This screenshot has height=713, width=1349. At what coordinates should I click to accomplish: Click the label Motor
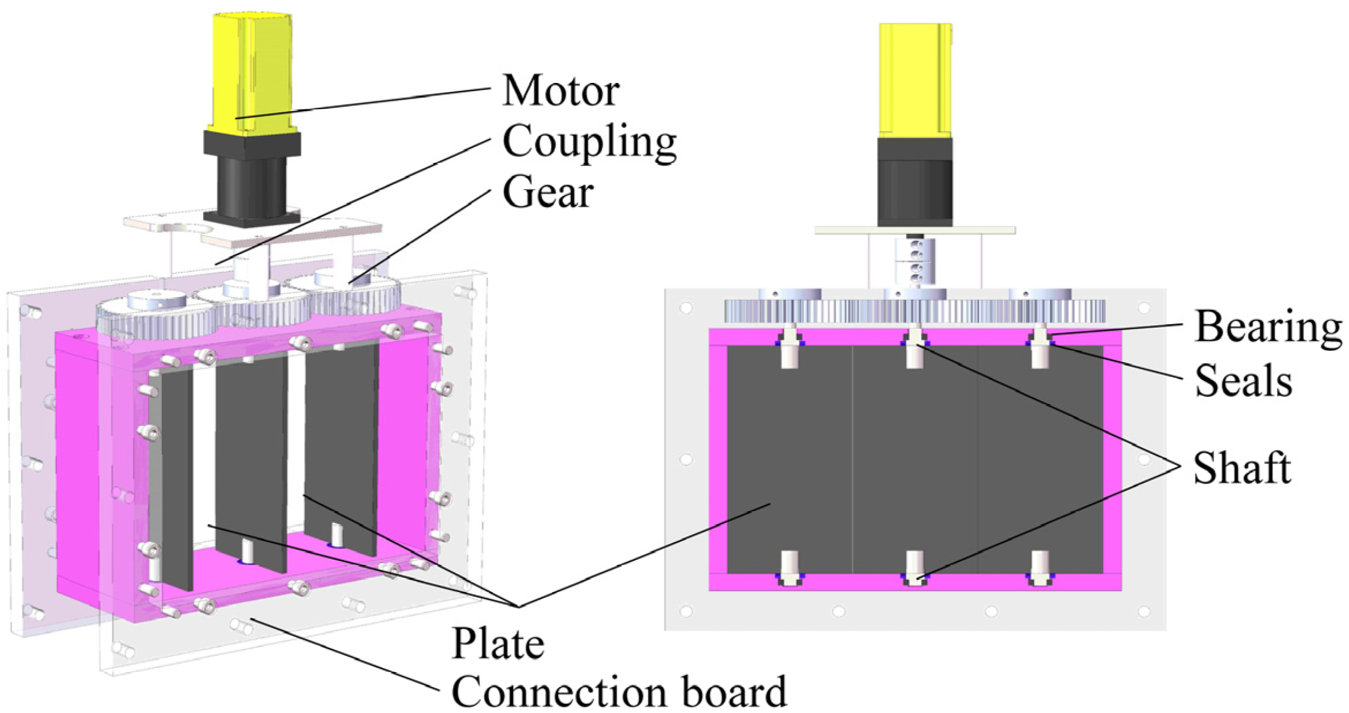(x=560, y=90)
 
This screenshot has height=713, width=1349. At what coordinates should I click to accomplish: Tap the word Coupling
(x=589, y=141)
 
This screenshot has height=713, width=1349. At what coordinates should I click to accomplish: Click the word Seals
(x=1243, y=381)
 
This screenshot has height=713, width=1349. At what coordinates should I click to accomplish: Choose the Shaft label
(x=1241, y=468)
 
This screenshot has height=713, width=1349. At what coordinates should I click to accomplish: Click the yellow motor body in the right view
(x=915, y=81)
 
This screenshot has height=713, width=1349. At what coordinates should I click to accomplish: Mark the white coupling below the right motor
(x=915, y=262)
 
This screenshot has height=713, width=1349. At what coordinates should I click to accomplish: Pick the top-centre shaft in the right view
(x=915, y=348)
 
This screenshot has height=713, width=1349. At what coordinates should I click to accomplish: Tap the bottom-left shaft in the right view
(x=789, y=567)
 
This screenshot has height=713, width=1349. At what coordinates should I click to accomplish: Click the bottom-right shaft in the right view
(x=1040, y=567)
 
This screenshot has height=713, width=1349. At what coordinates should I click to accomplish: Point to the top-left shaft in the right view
(x=789, y=348)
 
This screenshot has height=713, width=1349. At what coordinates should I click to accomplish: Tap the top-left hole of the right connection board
(x=686, y=308)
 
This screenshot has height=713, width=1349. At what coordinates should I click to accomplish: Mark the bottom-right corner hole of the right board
(x=1144, y=610)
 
